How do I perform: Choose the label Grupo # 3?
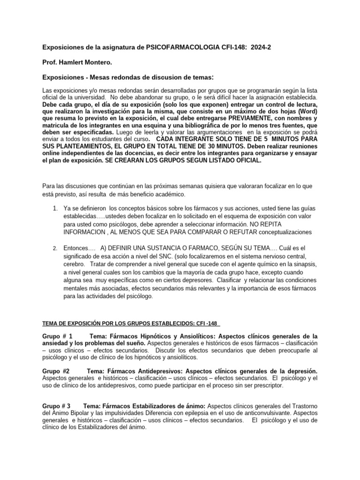56,405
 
